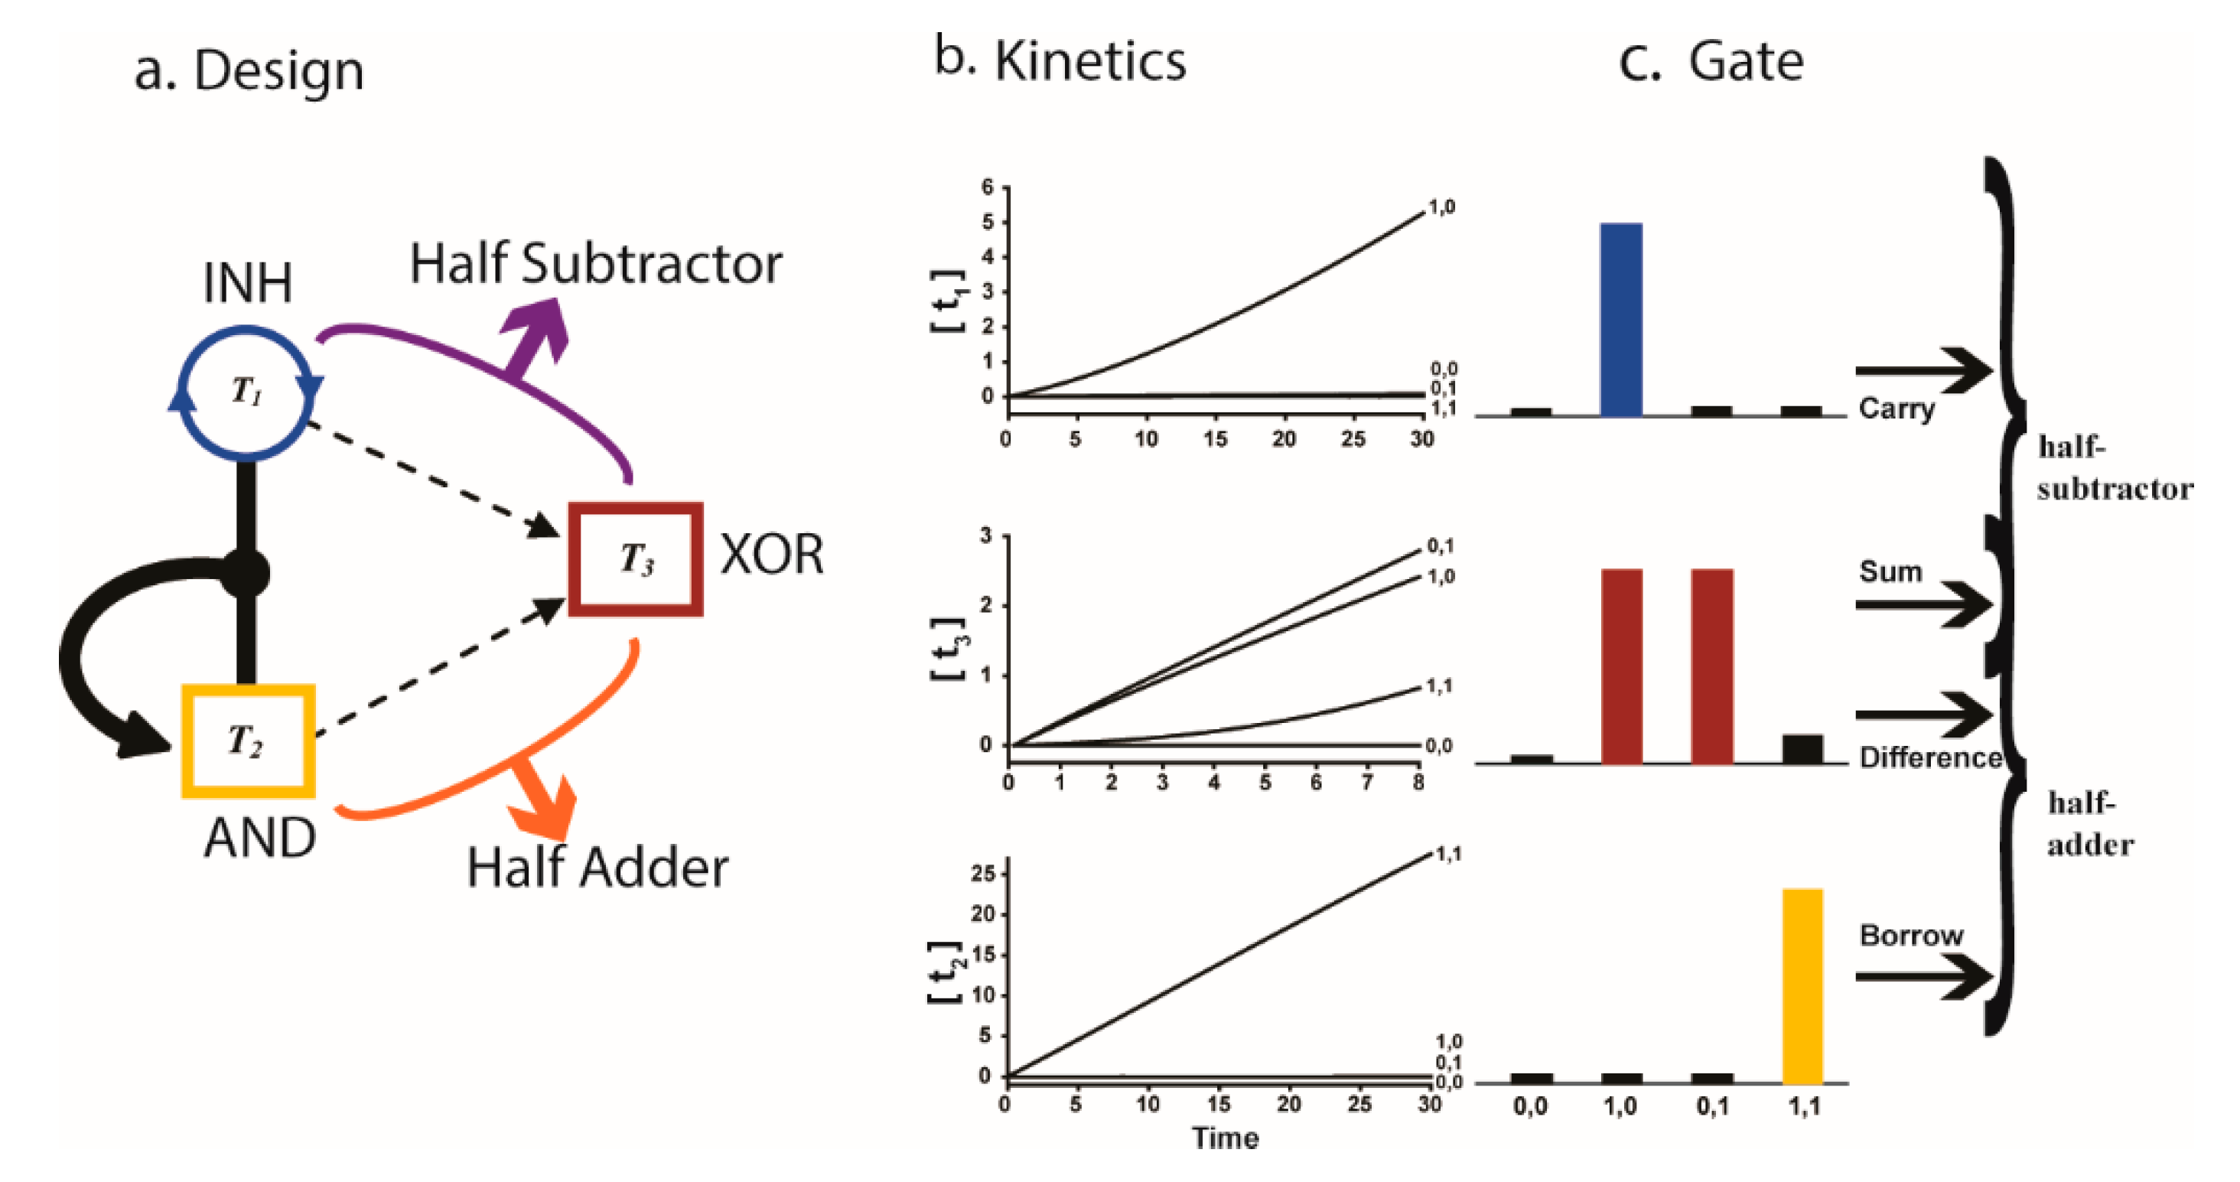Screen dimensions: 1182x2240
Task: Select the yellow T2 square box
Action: pyautogui.click(x=248, y=741)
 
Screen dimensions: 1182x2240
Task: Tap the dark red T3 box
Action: pyautogui.click(x=636, y=559)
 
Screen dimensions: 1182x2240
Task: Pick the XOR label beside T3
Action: pyautogui.click(x=772, y=554)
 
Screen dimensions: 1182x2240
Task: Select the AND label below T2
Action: pyautogui.click(x=260, y=838)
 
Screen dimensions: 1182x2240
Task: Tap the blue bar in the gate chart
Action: pyautogui.click(x=1621, y=319)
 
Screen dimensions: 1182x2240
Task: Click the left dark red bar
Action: pyautogui.click(x=1621, y=666)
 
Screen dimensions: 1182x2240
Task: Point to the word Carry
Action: pyautogui.click(x=1897, y=408)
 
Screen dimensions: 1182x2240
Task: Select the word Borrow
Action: pyautogui.click(x=1910, y=936)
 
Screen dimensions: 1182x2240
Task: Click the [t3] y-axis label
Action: pyautogui.click(x=948, y=649)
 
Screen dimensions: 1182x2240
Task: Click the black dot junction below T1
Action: pyautogui.click(x=246, y=572)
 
